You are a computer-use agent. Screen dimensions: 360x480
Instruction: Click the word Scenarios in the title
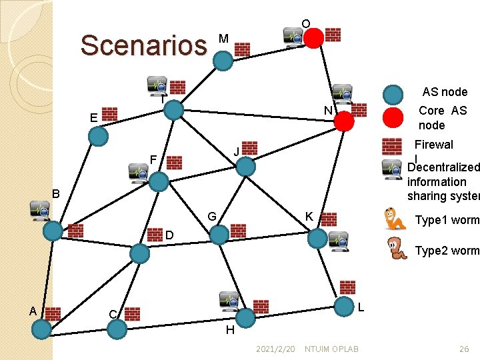click(143, 45)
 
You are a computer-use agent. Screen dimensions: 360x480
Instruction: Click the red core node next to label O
click(314, 37)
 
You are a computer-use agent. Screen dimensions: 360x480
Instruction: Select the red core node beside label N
click(343, 121)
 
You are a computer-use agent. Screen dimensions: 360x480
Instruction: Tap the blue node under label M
click(223, 61)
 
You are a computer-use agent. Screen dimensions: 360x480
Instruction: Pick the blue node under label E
click(98, 136)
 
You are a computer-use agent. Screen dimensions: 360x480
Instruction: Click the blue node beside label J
click(246, 166)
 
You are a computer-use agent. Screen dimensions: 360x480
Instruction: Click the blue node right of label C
click(117, 329)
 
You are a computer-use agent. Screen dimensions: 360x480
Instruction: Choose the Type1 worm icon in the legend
click(396, 219)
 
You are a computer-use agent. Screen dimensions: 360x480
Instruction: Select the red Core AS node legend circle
click(394, 117)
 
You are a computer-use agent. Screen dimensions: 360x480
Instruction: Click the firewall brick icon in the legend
click(392, 146)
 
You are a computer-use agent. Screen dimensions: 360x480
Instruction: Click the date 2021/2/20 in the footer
click(275, 349)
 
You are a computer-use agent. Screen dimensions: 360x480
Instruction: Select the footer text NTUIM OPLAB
click(331, 349)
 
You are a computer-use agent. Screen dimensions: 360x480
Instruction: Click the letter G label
click(211, 217)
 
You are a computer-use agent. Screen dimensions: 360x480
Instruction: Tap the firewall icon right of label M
click(242, 49)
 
